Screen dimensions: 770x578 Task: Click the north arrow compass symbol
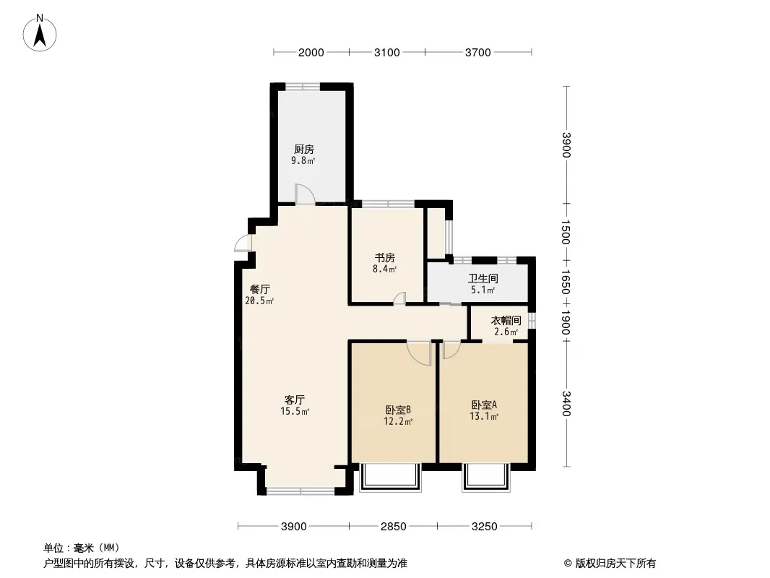tap(40, 33)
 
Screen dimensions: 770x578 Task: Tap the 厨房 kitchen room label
tap(304, 150)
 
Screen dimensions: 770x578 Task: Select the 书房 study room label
tap(385, 258)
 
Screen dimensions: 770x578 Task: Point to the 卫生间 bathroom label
tap(483, 278)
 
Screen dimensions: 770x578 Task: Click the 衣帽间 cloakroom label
tap(506, 321)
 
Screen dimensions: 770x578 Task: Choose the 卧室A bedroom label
tap(484, 405)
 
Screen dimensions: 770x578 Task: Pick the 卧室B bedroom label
tap(398, 410)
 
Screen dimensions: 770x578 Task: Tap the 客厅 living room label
tap(295, 400)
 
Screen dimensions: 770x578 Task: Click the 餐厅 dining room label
tap(260, 289)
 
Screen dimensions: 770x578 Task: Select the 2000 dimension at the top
tap(311, 52)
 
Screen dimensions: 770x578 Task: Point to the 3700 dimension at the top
tap(477, 52)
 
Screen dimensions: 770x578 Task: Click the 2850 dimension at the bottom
tap(394, 527)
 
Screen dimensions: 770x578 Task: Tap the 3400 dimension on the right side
tap(566, 403)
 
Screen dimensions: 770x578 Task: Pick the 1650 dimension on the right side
tap(566, 282)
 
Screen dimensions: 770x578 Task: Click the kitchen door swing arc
tap(305, 194)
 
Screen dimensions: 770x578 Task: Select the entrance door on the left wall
tap(243, 243)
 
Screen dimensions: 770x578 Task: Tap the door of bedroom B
tap(419, 353)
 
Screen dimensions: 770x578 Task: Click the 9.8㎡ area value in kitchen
tap(303, 160)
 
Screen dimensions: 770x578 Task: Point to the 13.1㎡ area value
tap(484, 416)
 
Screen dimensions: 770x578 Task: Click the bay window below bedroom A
tap(486, 478)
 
